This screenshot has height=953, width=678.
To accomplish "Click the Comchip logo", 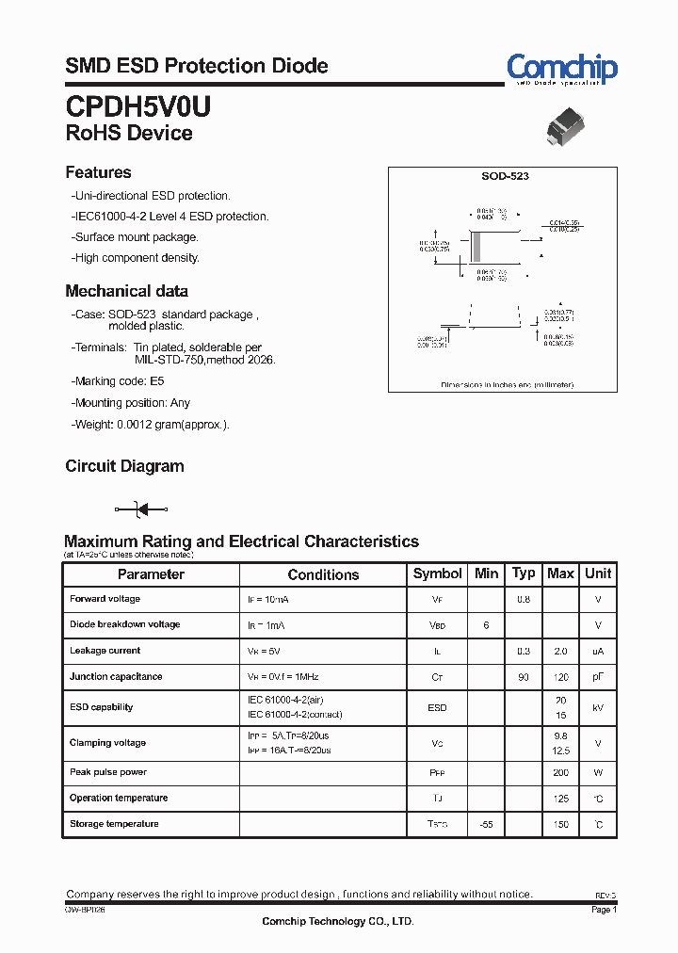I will tap(561, 68).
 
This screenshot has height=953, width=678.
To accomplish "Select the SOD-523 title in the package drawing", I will tap(505, 177).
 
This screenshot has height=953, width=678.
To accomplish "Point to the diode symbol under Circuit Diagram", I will tap(141, 509).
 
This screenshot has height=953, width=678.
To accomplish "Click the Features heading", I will tap(98, 172).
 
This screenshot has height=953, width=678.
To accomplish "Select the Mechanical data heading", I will tap(126, 291).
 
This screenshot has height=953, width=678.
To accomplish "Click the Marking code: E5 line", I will tap(119, 381).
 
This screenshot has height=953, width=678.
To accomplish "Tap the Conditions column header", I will tap(323, 574).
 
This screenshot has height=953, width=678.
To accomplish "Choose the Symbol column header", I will tap(437, 573).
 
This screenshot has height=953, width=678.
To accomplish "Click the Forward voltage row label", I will tap(105, 599).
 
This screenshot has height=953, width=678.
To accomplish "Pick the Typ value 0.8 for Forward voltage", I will tap(523, 599).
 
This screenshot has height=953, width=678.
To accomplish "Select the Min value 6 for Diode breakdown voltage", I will tap(486, 624).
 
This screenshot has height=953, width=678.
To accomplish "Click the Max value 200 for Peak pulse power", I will tap(561, 772).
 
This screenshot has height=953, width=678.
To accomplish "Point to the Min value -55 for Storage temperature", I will tap(486, 824).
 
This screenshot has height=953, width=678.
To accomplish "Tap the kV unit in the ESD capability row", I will tap(597, 707).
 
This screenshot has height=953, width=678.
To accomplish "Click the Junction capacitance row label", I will tap(116, 676).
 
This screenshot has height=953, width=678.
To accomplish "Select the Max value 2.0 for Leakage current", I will tap(561, 651).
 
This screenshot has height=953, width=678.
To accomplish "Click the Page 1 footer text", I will tap(604, 910).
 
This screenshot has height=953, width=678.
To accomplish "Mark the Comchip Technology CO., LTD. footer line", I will tap(337, 922).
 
